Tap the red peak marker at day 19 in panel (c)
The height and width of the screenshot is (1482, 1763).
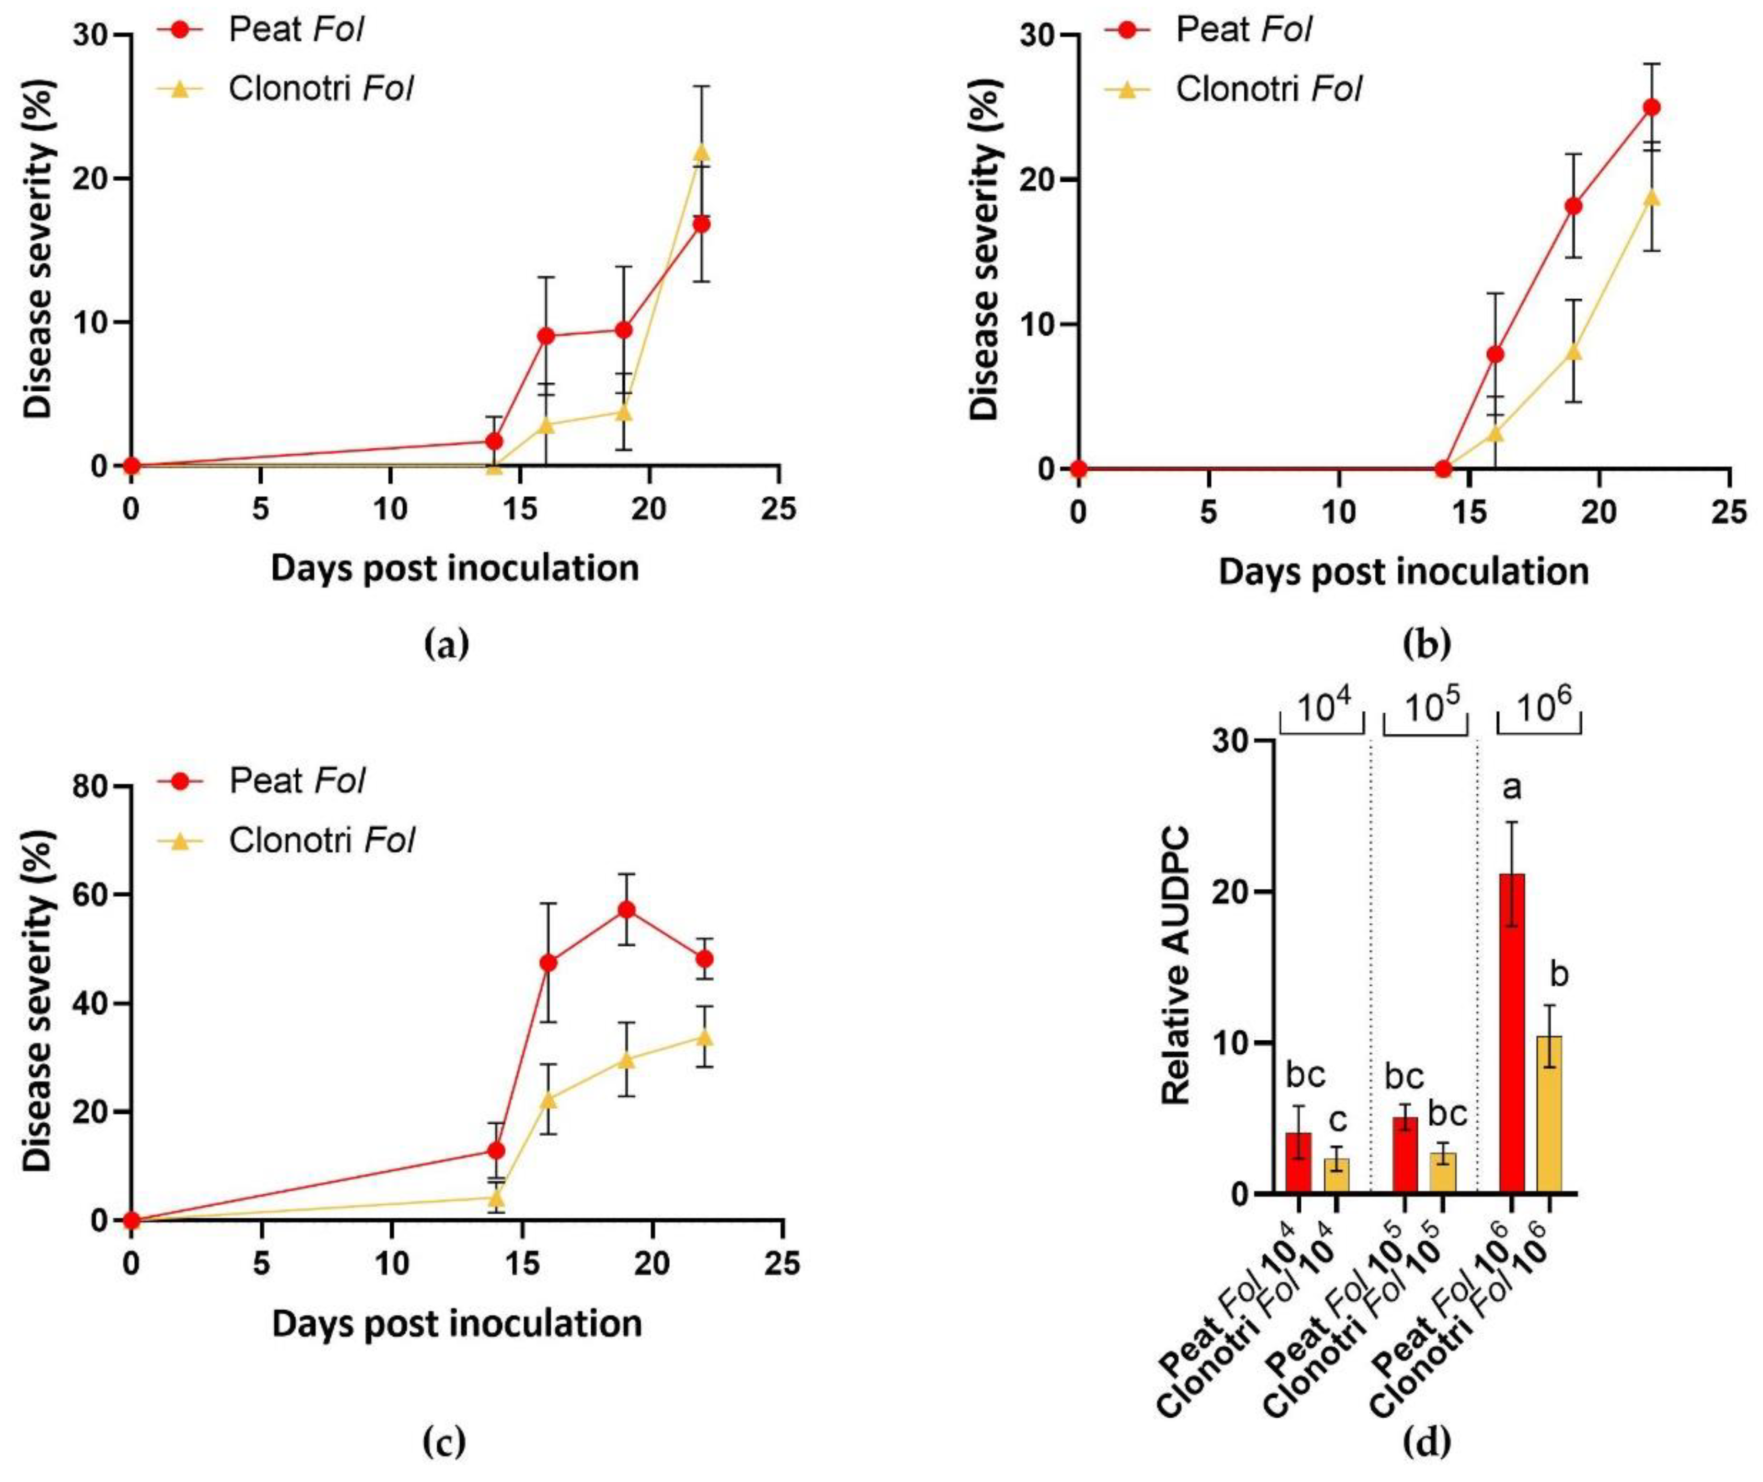(x=626, y=910)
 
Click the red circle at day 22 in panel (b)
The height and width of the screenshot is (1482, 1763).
(x=1650, y=108)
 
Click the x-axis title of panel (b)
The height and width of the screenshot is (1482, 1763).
(x=1403, y=571)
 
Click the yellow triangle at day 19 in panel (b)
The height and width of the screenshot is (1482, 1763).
(x=1573, y=351)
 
